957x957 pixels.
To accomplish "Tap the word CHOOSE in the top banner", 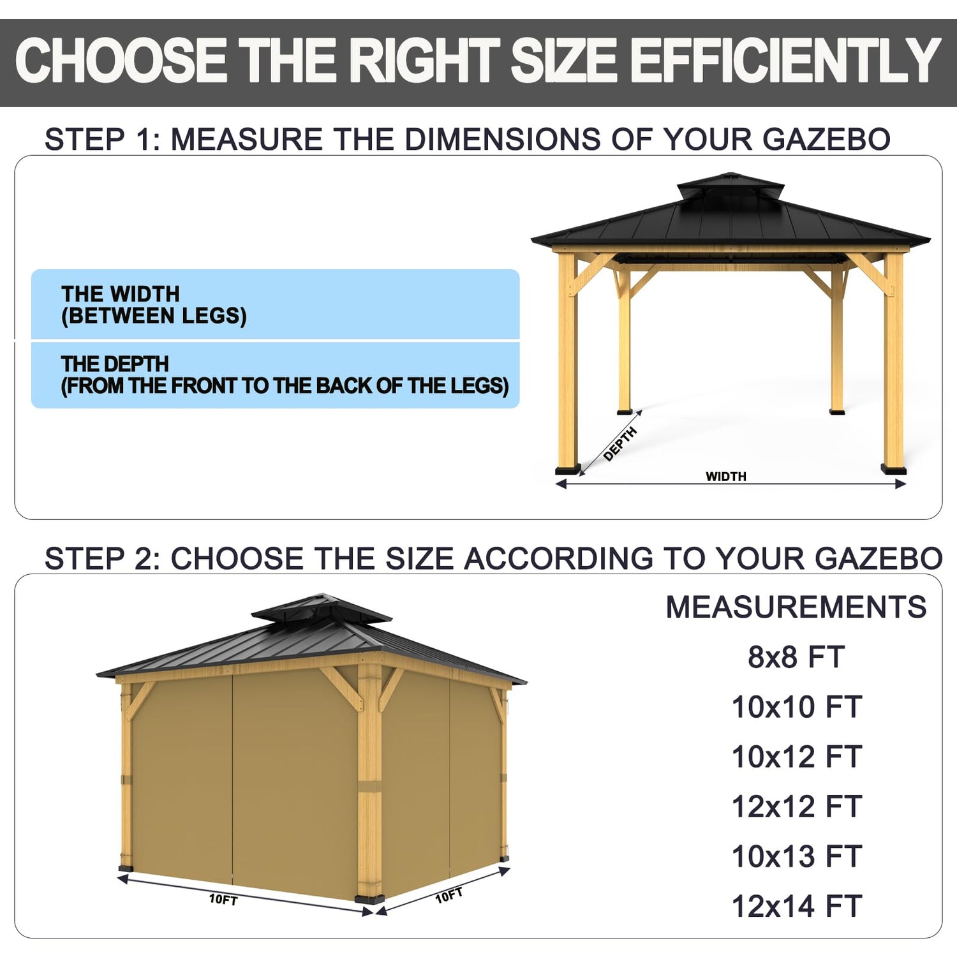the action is point(121,61).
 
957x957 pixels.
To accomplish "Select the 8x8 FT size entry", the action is point(796,657).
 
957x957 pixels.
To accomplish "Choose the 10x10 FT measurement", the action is point(796,707).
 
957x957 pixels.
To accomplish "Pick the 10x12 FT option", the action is point(796,757).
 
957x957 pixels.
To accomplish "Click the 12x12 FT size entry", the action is point(796,806).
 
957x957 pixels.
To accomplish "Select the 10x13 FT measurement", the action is point(796,856).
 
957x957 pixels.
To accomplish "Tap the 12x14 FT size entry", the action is point(796,906).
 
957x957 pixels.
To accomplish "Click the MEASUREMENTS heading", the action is point(796,607).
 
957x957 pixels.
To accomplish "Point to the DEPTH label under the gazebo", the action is point(620,443).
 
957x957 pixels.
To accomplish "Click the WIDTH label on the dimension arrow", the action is point(725,477).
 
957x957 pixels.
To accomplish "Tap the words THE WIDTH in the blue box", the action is point(121,294).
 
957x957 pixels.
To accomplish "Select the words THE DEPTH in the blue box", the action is point(115,364).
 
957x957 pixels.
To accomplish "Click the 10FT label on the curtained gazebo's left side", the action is point(223,900).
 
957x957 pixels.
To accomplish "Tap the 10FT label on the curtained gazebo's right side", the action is point(449,895).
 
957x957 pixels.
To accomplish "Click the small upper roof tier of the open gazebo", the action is point(731,185).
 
